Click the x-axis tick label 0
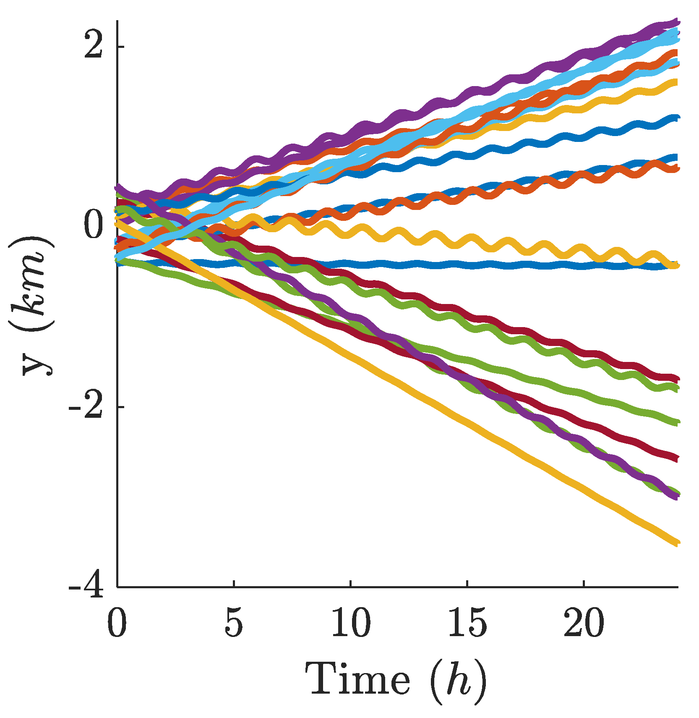tap(117, 623)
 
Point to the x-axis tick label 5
tap(233, 623)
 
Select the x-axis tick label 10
tap(351, 623)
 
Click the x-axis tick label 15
tap(467, 623)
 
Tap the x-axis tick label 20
tap(584, 623)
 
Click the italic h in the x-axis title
tap(459, 678)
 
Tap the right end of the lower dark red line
tap(676, 459)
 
